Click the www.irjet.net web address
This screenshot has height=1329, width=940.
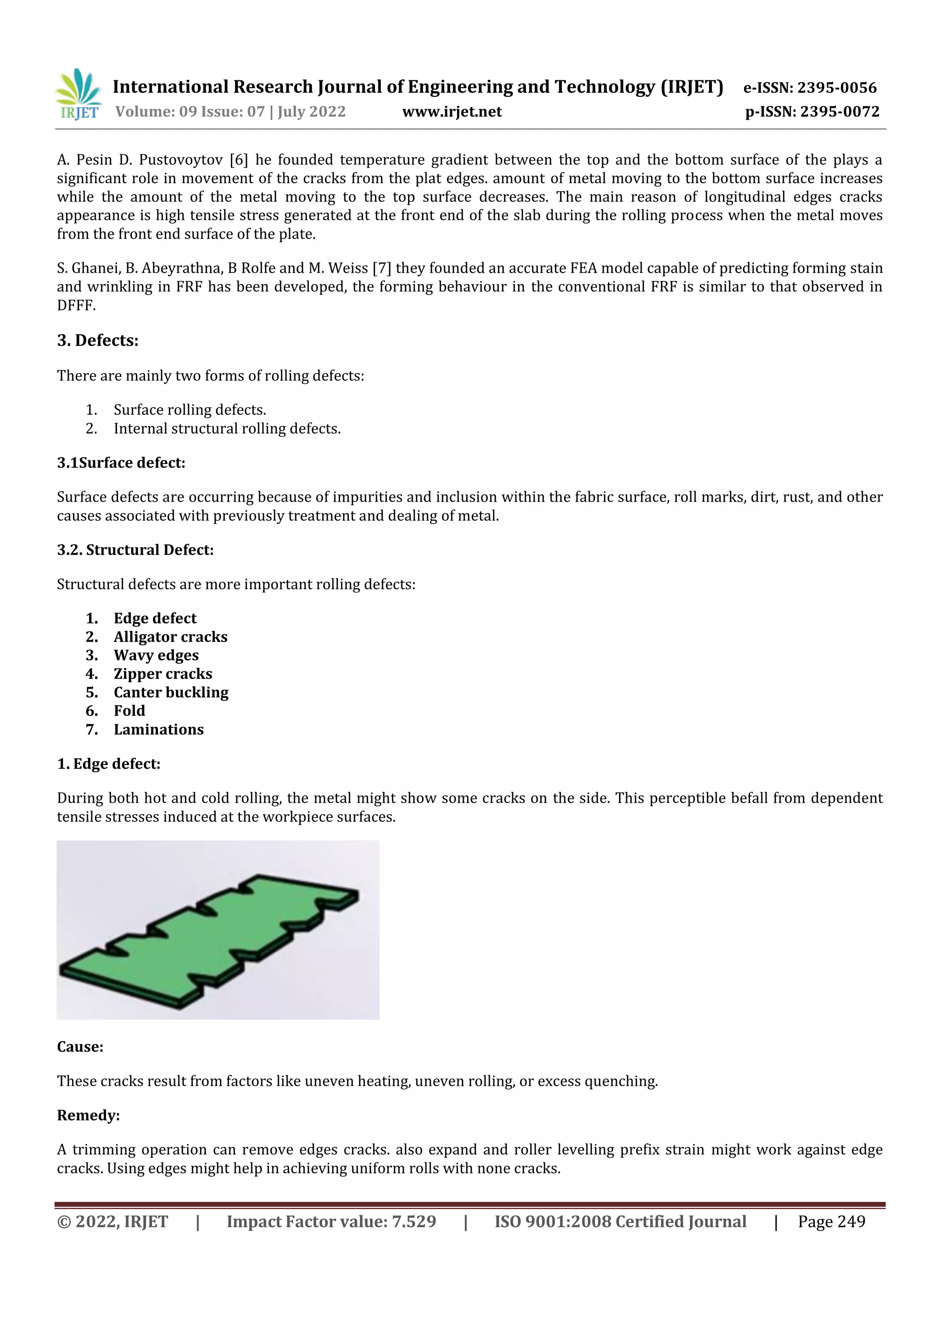coord(452,112)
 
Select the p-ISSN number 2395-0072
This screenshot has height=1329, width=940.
coord(839,112)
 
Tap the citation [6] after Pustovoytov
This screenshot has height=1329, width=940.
coord(239,160)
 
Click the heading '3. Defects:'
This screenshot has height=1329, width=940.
coord(98,341)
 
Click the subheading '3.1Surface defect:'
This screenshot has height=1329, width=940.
coord(121,463)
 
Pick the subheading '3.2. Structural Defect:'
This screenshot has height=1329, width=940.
coord(135,549)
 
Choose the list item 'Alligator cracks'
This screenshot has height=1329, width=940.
coord(170,637)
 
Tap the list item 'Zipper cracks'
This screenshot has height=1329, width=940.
coord(162,674)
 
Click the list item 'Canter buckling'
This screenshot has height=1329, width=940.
coord(171,692)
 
